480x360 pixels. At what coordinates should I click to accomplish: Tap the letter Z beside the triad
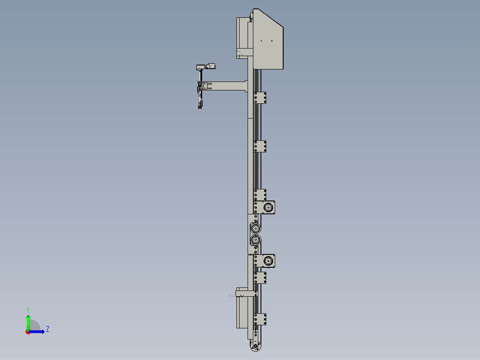point(47,329)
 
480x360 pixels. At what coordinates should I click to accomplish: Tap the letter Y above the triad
point(28,309)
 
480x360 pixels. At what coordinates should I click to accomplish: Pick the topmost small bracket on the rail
point(260,98)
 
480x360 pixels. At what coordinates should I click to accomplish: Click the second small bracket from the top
point(260,146)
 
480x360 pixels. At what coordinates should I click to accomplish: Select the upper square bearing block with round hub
point(268,207)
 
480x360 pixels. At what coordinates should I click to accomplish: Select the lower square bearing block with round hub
point(268,261)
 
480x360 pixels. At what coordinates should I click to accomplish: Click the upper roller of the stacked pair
point(255,229)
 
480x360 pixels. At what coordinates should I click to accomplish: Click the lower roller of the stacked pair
point(255,240)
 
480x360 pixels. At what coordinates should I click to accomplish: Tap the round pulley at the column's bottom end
point(255,346)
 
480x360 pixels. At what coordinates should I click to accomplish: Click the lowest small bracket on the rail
point(260,319)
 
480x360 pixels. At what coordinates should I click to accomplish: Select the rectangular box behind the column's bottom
point(241,312)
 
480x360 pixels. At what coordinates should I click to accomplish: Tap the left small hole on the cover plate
point(261,41)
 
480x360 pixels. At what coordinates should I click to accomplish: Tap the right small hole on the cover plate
point(271,41)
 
